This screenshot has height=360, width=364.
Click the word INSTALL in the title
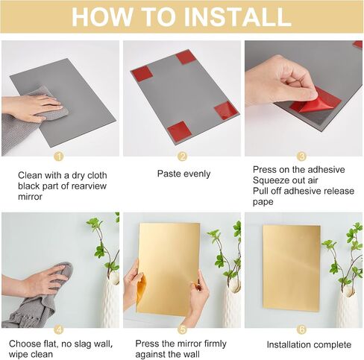click(x=237, y=16)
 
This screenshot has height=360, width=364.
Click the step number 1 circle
click(x=59, y=157)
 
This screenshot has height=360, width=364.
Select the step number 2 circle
click(x=182, y=157)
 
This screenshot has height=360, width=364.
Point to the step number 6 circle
click(x=301, y=329)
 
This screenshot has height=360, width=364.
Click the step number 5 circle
click(x=183, y=329)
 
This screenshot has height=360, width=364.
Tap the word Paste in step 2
click(x=167, y=174)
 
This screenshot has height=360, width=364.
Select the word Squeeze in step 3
click(x=271, y=180)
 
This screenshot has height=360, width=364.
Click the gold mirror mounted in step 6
click(x=292, y=268)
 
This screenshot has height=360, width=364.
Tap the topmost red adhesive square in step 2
click(x=186, y=57)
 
